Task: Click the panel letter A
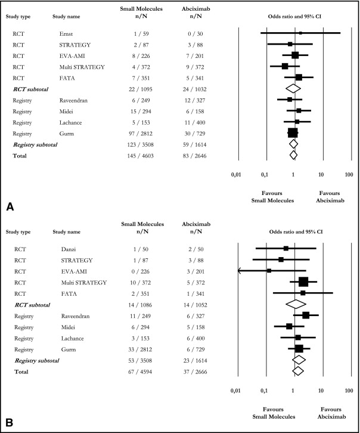point(10,206)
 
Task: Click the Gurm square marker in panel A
point(293,132)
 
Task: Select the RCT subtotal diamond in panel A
point(292,88)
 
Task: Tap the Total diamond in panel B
point(297,371)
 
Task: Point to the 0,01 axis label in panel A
point(237,177)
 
